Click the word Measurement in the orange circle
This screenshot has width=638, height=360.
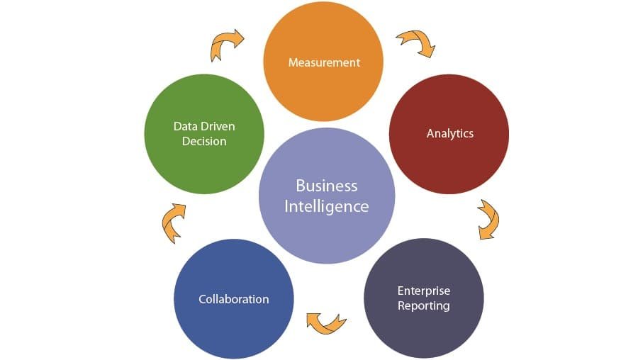point(324,62)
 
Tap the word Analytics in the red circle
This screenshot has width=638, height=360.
point(449,133)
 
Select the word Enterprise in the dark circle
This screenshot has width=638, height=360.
point(423,291)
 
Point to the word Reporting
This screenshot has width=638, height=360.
point(423,305)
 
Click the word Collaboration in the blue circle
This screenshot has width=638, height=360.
point(233,299)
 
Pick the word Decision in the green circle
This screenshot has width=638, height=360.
point(204,141)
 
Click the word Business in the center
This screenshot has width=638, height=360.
point(326,186)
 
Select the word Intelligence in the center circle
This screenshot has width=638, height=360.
point(326,206)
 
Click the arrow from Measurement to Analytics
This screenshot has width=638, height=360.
point(416,43)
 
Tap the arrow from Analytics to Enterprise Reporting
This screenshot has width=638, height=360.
point(488,219)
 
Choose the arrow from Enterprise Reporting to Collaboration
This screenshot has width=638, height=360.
point(325,322)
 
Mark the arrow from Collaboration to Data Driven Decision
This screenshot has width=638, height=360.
point(173,223)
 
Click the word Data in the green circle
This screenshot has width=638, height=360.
point(186,126)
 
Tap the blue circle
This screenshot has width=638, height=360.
point(233,326)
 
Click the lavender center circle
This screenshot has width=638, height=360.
point(326,234)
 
